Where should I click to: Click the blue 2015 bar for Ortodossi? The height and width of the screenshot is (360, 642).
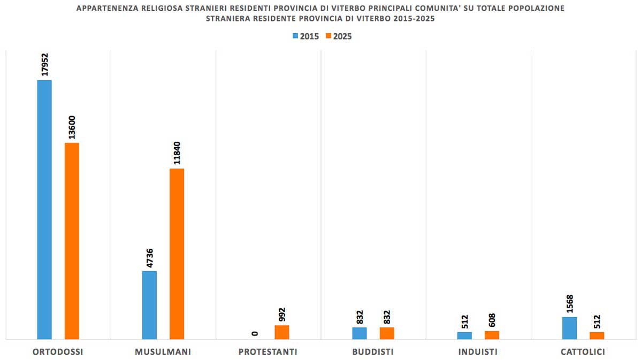(x=44, y=209)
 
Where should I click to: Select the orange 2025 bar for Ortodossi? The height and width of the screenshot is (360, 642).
(x=72, y=241)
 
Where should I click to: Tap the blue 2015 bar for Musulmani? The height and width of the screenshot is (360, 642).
(x=149, y=305)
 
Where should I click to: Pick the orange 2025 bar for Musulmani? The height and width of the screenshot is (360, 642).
(x=177, y=254)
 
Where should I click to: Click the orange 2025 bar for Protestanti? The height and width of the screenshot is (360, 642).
(x=282, y=332)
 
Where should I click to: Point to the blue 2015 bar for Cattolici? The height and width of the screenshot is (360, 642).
(x=570, y=328)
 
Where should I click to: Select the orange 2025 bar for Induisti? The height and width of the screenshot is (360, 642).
(x=492, y=335)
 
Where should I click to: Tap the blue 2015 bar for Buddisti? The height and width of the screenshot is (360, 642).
(x=360, y=333)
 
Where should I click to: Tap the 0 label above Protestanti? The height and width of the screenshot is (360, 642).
(x=255, y=333)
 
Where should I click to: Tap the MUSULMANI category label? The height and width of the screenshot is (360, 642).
(x=163, y=352)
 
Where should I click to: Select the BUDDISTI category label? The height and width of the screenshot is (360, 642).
(x=373, y=352)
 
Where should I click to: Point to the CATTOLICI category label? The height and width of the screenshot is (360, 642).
(x=583, y=352)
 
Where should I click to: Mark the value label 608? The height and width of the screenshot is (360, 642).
(x=492, y=320)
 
